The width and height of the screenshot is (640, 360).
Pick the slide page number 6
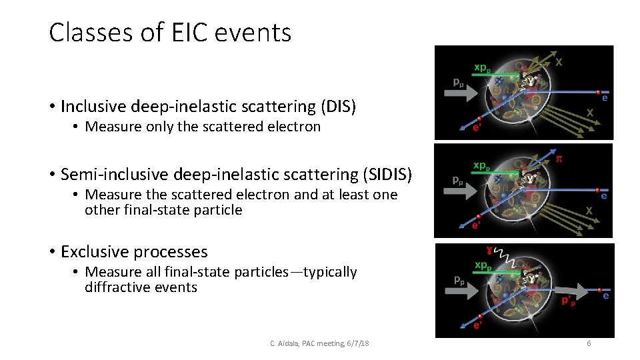click(x=589, y=343)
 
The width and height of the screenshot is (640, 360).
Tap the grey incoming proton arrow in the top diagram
click(x=465, y=95)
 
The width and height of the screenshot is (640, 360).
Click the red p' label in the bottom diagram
click(x=568, y=301)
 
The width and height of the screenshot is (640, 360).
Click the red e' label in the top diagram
click(x=477, y=129)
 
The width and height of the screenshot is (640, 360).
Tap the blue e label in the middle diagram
click(x=603, y=196)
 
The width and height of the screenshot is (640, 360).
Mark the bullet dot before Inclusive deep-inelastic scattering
click(x=51, y=107)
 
